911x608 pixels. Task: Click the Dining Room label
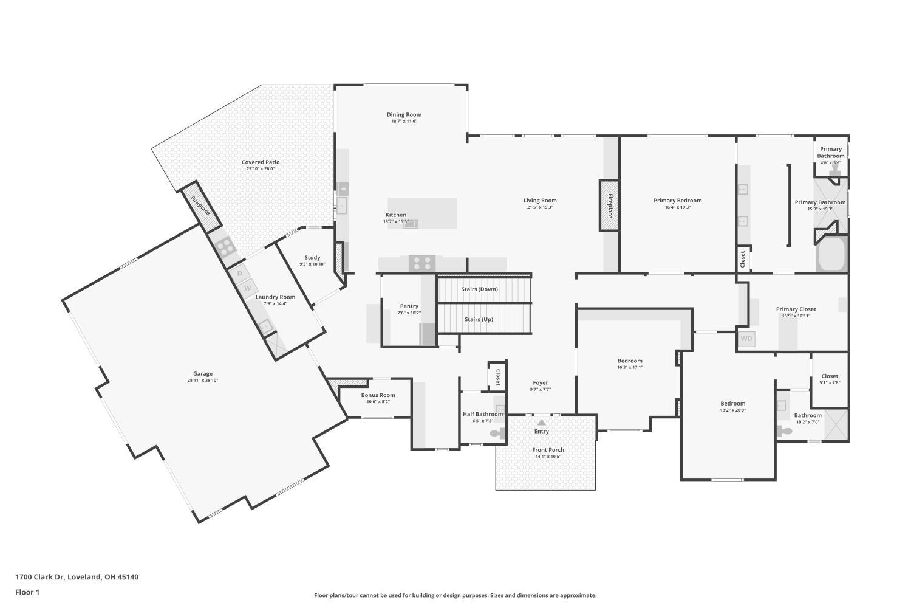pyautogui.click(x=404, y=114)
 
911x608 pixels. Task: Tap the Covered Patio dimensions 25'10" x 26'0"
pyautogui.click(x=261, y=168)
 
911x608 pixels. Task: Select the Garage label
pyautogui.click(x=202, y=373)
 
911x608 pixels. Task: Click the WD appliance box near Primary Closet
pyautogui.click(x=746, y=339)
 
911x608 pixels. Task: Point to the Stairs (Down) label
pyautogui.click(x=480, y=289)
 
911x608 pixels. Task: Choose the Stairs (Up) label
pyautogui.click(x=479, y=319)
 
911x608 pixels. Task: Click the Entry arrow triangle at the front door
pyautogui.click(x=542, y=423)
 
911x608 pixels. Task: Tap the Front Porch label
pyautogui.click(x=548, y=450)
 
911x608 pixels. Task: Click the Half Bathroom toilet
pyautogui.click(x=497, y=434)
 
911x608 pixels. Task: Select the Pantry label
pyautogui.click(x=409, y=306)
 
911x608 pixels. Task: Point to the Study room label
pyautogui.click(x=312, y=257)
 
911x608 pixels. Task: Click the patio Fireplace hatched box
pyautogui.click(x=201, y=206)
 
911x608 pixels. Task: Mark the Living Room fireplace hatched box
pyautogui.click(x=609, y=206)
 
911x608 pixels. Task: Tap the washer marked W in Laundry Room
pyautogui.click(x=247, y=288)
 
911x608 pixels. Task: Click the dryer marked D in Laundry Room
pyautogui.click(x=239, y=273)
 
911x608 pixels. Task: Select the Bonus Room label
pyautogui.click(x=378, y=395)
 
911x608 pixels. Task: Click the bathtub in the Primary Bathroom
pyautogui.click(x=831, y=254)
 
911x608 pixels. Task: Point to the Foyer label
pyautogui.click(x=541, y=383)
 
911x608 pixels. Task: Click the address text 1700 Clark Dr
pyautogui.click(x=40, y=577)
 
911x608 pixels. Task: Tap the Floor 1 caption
pyautogui.click(x=27, y=593)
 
